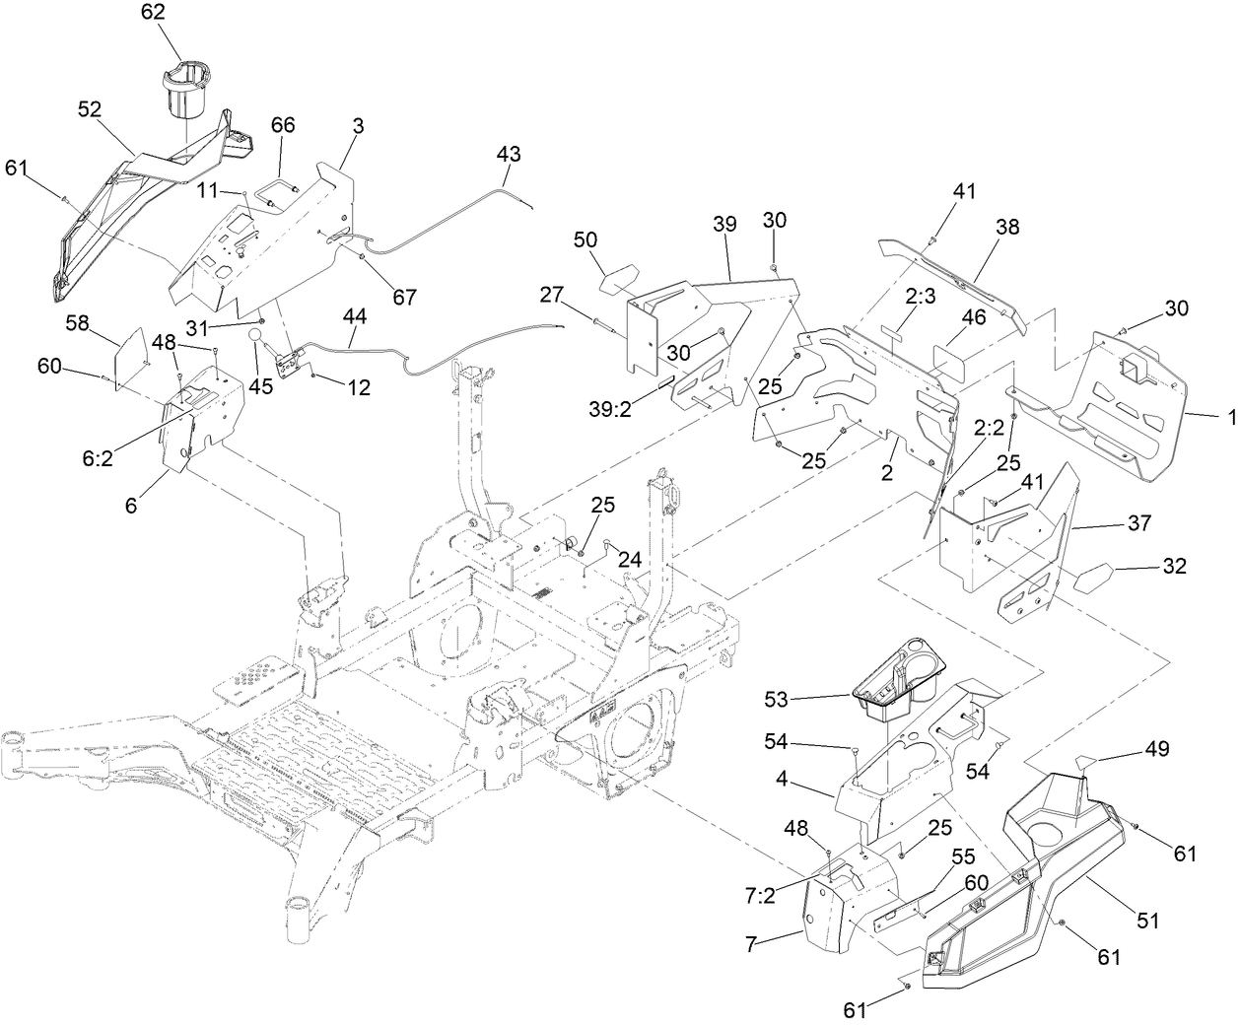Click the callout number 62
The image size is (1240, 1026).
[x=153, y=13]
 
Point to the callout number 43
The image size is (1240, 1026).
[x=509, y=155]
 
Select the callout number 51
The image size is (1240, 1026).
[x=1146, y=921]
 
